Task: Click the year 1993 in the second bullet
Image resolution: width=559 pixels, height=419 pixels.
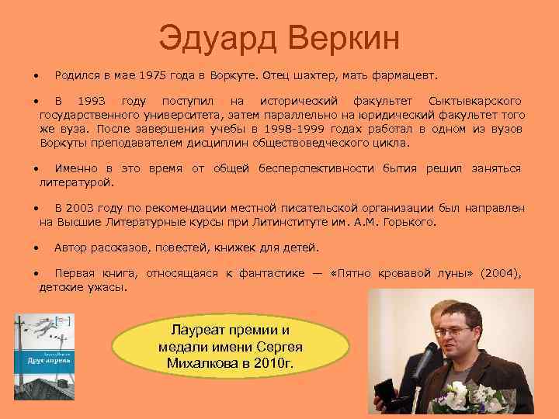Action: click(x=95, y=102)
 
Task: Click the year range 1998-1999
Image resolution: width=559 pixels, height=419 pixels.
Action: click(x=293, y=128)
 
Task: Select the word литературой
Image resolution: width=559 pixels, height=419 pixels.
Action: click(x=76, y=182)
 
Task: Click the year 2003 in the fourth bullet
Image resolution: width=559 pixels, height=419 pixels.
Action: click(x=83, y=209)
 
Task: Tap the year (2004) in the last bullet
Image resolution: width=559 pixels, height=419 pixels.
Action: click(x=499, y=273)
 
